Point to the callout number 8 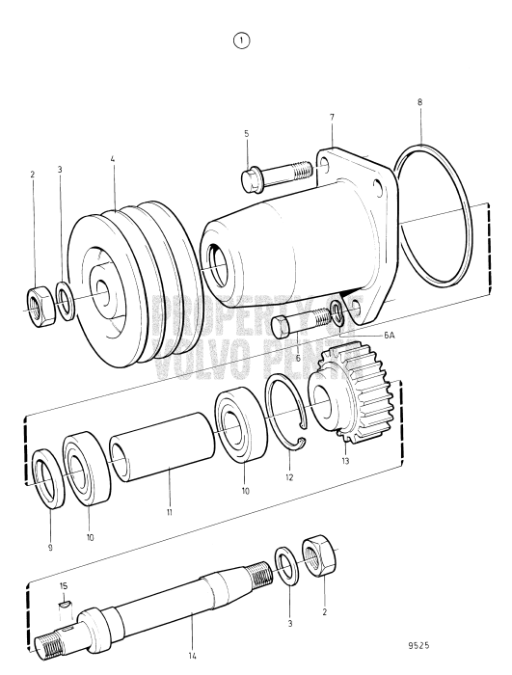(x=419, y=99)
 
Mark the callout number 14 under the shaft (x=190, y=655)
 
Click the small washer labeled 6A (x=337, y=311)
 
